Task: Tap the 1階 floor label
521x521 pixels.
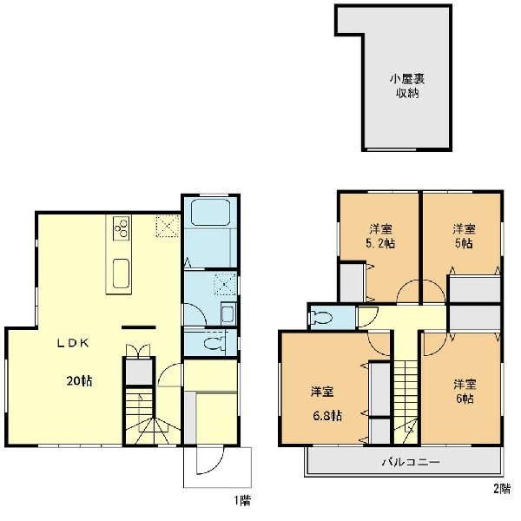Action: [242, 500]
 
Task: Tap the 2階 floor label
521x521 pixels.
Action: [502, 489]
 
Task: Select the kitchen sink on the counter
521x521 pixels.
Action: [121, 269]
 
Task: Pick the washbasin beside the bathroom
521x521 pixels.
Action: [227, 313]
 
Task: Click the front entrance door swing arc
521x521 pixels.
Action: [207, 465]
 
